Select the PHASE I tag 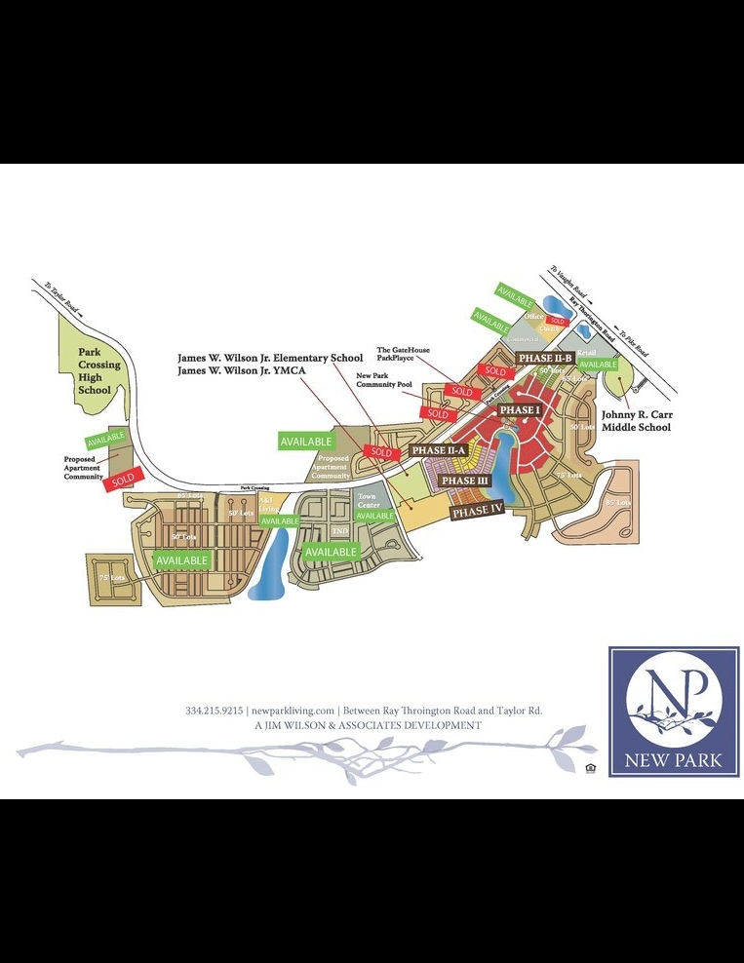click(x=520, y=410)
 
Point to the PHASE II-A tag click(x=439, y=450)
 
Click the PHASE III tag click(x=464, y=481)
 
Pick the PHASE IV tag click(x=477, y=511)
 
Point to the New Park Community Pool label click(x=384, y=380)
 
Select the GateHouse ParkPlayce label click(x=404, y=353)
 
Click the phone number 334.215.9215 click(x=215, y=711)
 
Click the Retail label click(x=586, y=352)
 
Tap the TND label click(x=340, y=530)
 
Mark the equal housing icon click(x=591, y=768)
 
